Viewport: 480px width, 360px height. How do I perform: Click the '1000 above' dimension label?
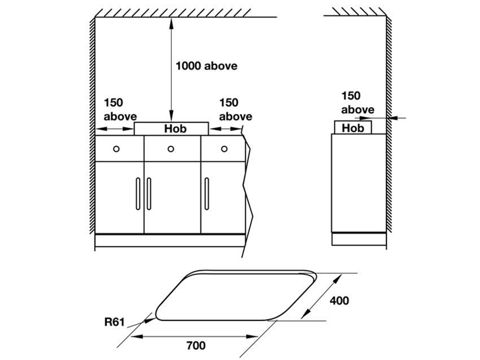(206, 66)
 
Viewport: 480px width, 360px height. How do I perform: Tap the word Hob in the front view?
(175, 129)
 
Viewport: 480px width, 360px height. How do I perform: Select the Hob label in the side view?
(352, 128)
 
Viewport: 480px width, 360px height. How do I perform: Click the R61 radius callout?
(115, 322)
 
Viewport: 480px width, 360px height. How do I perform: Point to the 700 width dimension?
(196, 345)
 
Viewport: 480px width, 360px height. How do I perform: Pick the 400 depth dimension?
(339, 300)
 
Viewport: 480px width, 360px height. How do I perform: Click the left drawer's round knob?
(116, 149)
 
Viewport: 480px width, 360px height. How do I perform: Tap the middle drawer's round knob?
(171, 149)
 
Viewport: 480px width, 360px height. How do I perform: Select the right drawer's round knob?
(224, 149)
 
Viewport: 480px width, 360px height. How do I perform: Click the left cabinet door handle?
(138, 194)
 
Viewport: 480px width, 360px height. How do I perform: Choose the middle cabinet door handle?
(149, 194)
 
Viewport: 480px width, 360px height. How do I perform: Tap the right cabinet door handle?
(207, 194)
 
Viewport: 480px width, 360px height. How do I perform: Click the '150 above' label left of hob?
(120, 109)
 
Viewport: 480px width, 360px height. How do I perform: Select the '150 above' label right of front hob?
(235, 109)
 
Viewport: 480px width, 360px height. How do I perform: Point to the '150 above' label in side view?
(357, 103)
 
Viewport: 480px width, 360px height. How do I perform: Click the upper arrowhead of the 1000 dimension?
(171, 22)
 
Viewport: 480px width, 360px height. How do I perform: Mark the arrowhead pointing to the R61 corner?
(150, 320)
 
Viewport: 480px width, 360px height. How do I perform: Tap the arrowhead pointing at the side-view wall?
(392, 118)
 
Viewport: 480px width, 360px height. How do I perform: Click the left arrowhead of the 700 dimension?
(137, 336)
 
